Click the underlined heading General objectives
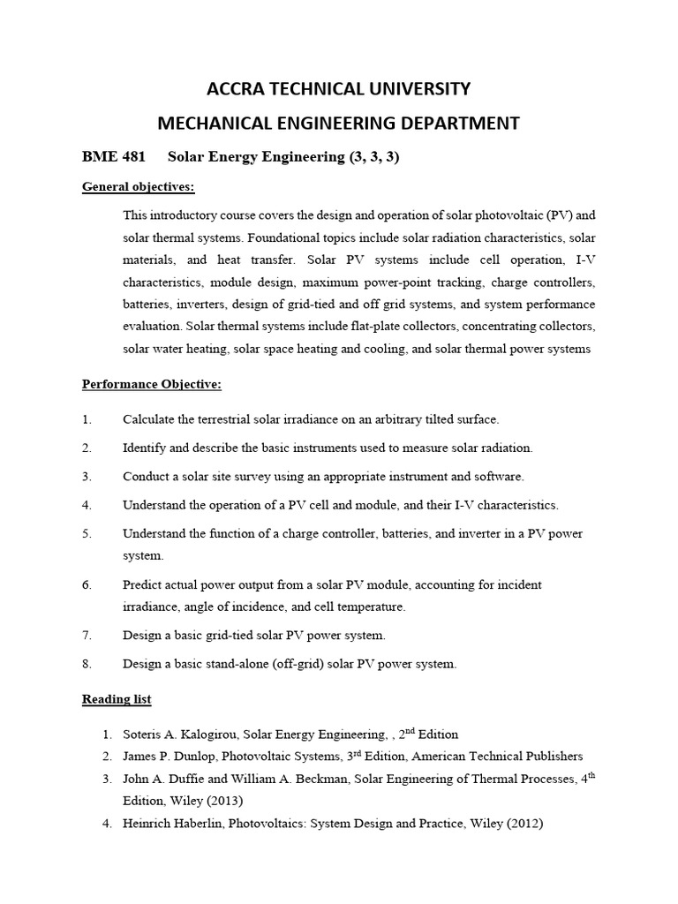139,187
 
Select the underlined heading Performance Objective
152,384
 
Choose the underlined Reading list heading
117,699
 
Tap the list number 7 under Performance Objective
87,636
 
